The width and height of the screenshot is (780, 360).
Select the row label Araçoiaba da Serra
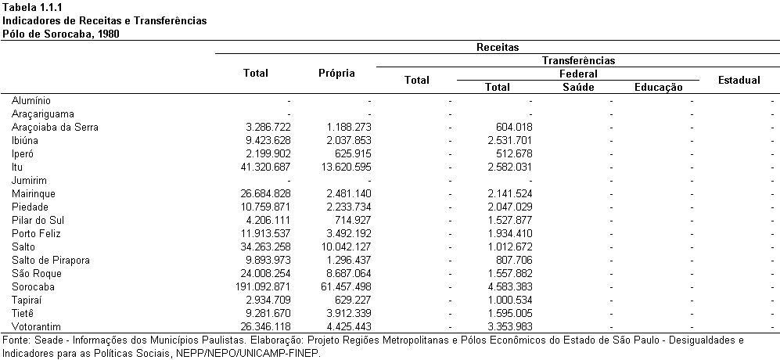point(55,128)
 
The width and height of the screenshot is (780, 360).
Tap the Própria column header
point(336,74)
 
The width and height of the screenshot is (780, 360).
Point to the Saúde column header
point(578,88)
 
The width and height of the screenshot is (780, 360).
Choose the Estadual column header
point(739,80)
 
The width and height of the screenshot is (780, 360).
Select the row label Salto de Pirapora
point(50,261)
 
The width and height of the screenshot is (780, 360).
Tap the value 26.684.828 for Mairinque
point(264,193)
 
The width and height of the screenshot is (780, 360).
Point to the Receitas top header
point(498,48)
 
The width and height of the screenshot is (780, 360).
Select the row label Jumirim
point(29,181)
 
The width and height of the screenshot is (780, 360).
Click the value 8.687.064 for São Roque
point(347,274)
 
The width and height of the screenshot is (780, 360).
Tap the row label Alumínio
point(31,101)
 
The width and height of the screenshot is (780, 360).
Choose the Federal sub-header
point(577,74)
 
